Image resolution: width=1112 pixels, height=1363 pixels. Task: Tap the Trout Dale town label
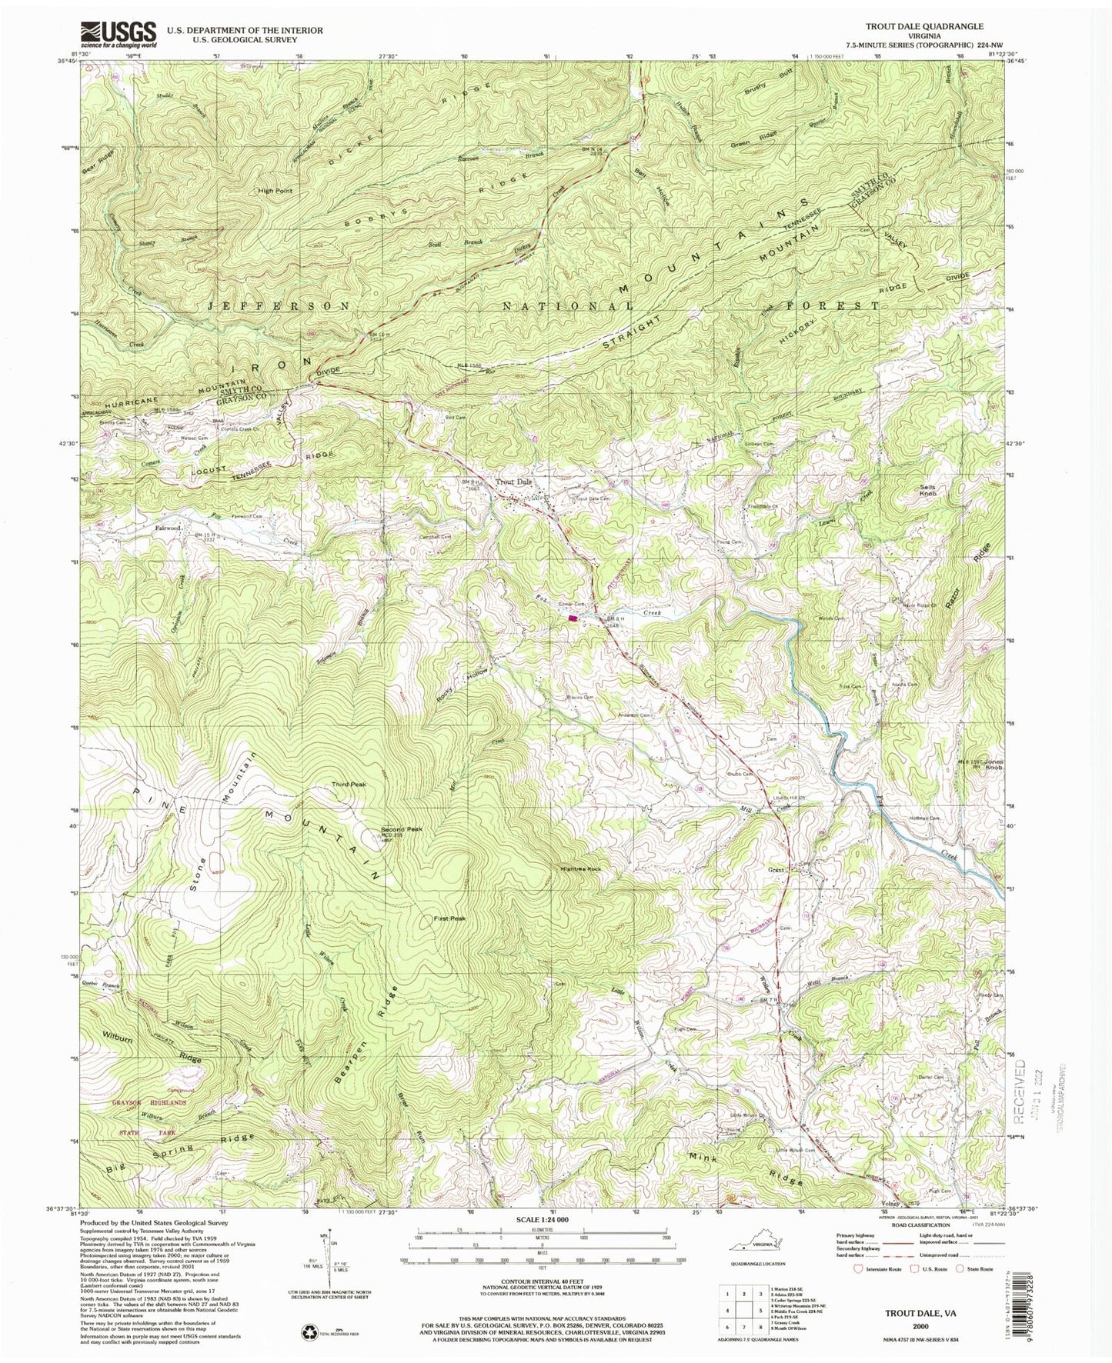(514, 482)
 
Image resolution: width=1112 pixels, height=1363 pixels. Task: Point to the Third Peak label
(346, 785)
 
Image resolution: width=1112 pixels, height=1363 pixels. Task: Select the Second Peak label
(402, 830)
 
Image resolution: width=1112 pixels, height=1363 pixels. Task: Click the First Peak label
(449, 918)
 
